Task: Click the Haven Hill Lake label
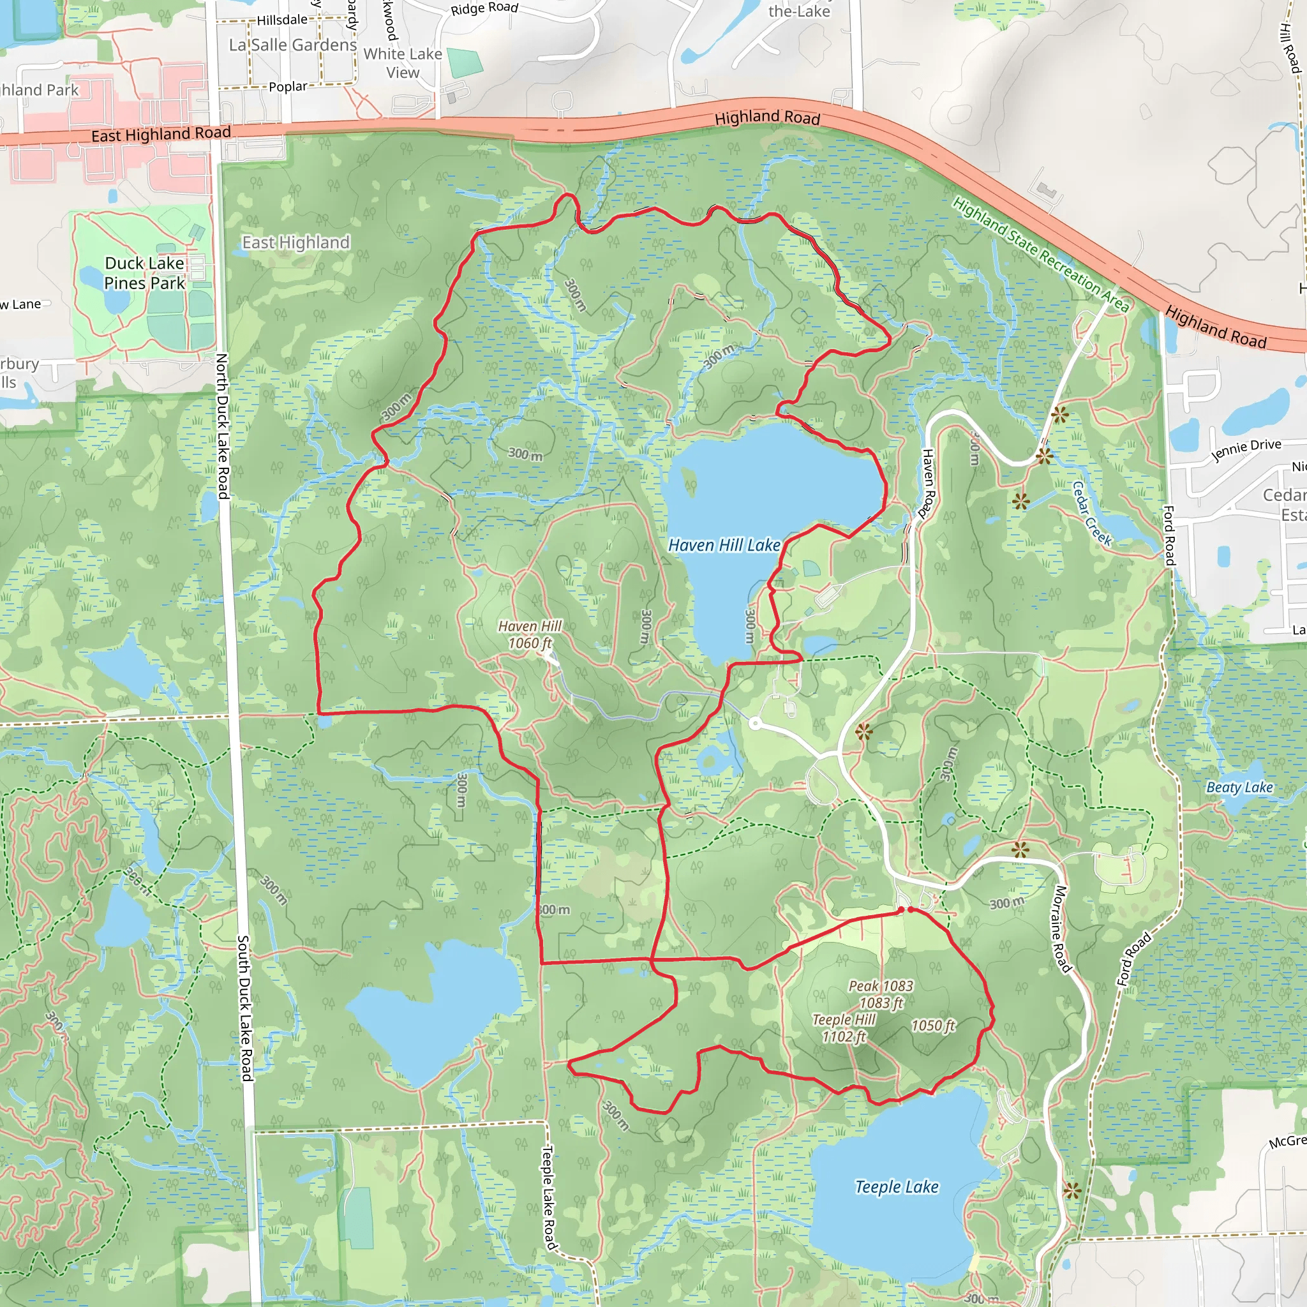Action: [x=724, y=545]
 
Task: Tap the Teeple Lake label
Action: [x=897, y=1187]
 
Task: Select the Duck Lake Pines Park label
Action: [x=144, y=273]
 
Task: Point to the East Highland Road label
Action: [x=161, y=134]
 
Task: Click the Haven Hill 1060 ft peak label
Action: [x=530, y=634]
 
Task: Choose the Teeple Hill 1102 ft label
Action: [x=844, y=1027]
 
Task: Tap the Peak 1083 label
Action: [x=881, y=994]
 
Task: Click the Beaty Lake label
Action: [x=1239, y=788]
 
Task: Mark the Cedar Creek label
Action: [x=1092, y=514]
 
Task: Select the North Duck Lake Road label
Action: [x=222, y=426]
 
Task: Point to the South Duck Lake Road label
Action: [x=244, y=1008]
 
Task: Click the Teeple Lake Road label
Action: [x=548, y=1197]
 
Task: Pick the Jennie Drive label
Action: [x=1246, y=449]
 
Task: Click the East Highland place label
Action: [x=295, y=242]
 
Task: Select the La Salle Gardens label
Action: [x=292, y=45]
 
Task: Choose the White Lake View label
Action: [x=403, y=63]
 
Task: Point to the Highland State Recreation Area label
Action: [x=1040, y=255]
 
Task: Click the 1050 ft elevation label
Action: [x=932, y=1026]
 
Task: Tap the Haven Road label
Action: [x=928, y=484]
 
